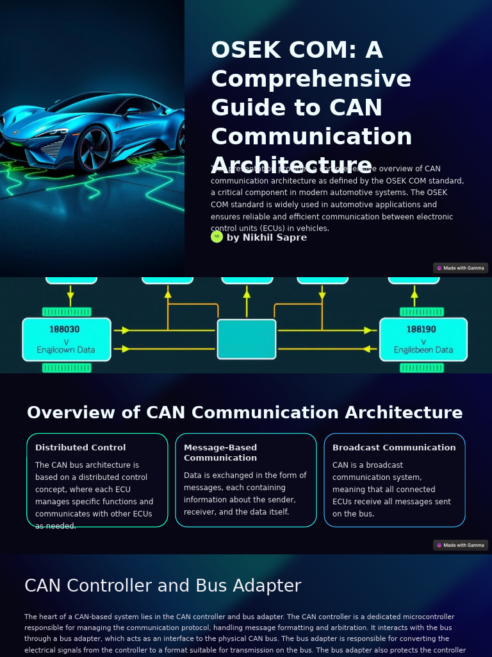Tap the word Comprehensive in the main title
click(x=311, y=79)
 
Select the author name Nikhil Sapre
click(x=266, y=237)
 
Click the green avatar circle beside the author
click(x=217, y=237)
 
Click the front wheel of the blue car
click(x=94, y=147)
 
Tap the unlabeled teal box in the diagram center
click(x=247, y=339)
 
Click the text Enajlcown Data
click(x=66, y=350)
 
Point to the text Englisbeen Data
click(x=423, y=350)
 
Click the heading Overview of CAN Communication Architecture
click(x=245, y=413)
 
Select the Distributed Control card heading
click(x=81, y=448)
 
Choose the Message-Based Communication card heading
click(x=220, y=452)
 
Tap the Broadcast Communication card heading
click(x=394, y=448)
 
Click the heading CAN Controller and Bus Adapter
click(x=163, y=586)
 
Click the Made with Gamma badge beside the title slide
click(x=461, y=268)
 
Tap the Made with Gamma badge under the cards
click(x=461, y=545)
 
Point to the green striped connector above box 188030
click(x=67, y=312)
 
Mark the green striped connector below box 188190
click(x=422, y=368)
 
